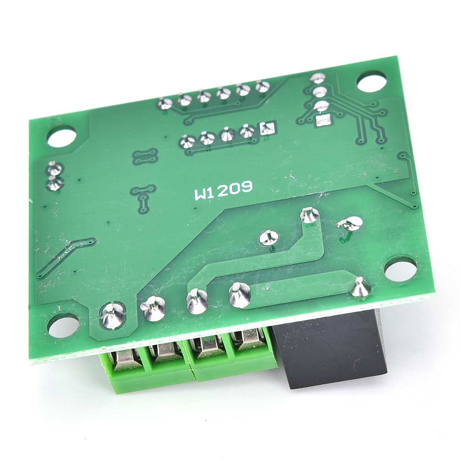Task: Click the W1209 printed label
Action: pyautogui.click(x=224, y=190)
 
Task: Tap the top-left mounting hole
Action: pyautogui.click(x=62, y=136)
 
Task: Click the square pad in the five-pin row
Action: pyautogui.click(x=268, y=128)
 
